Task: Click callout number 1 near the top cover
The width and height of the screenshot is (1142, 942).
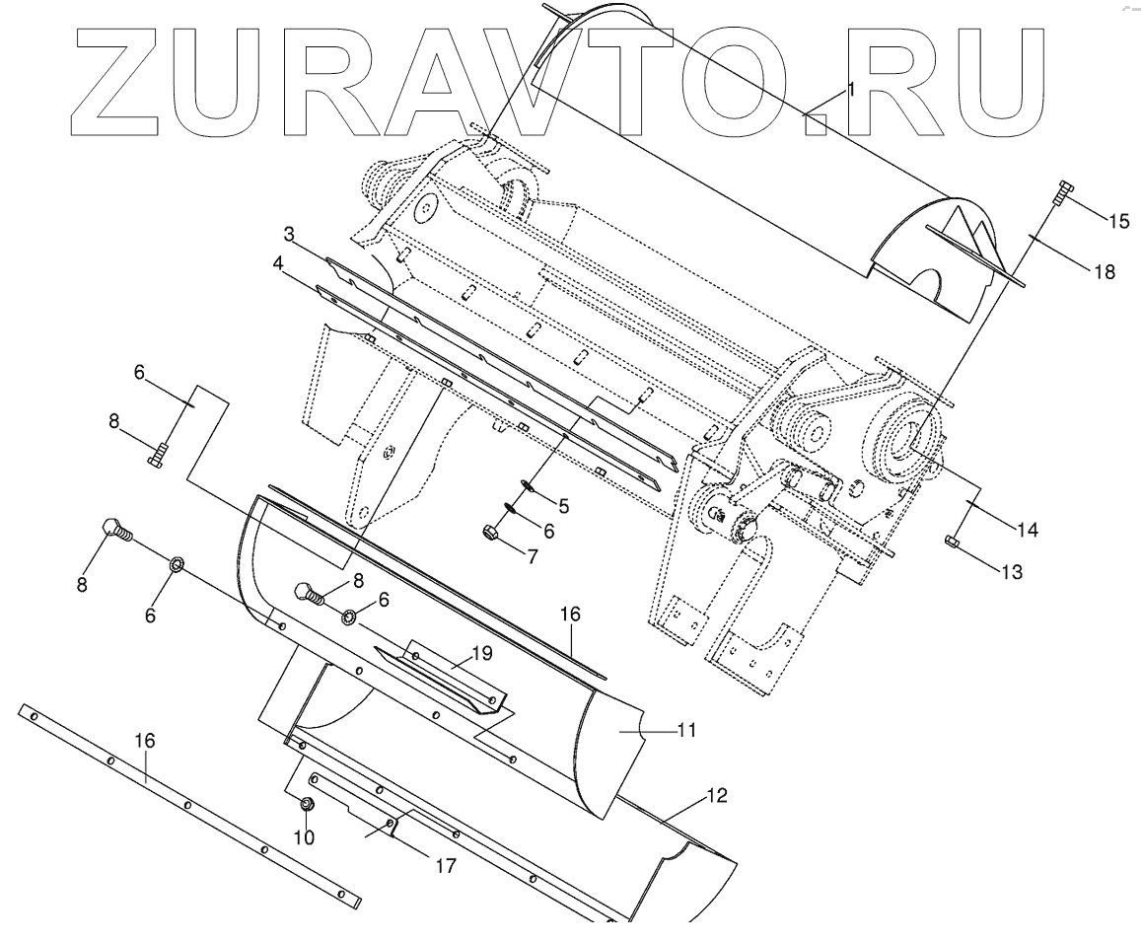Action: pos(850,89)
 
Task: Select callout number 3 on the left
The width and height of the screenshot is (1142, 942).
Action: pos(290,234)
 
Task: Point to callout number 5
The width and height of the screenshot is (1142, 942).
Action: pos(563,506)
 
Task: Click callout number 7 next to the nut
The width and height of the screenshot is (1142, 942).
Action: pos(533,556)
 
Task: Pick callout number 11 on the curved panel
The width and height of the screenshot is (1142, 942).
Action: pos(686,731)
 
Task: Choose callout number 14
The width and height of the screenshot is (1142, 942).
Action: pos(1027,529)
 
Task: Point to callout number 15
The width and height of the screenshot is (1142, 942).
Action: pos(1118,220)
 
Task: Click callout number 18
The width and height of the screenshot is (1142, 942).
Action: pos(1103,271)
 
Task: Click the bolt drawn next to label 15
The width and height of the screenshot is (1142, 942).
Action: pos(1062,192)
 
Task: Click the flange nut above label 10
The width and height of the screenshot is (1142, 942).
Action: pos(308,805)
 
